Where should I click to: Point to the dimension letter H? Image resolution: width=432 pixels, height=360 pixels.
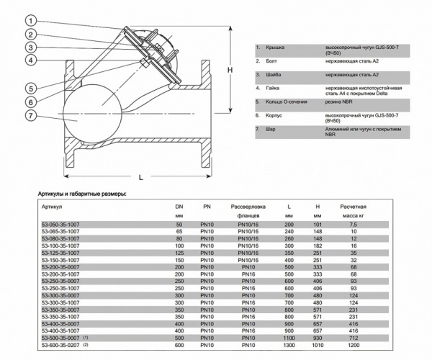click(x=230, y=71)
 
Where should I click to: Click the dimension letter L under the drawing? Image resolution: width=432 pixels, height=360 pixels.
click(x=140, y=176)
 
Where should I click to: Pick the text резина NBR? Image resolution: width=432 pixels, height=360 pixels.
click(x=338, y=103)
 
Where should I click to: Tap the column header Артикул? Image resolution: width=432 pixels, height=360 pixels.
click(x=52, y=206)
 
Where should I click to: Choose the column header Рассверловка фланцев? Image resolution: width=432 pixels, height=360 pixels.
click(x=248, y=210)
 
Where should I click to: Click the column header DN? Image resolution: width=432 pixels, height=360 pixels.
click(x=179, y=206)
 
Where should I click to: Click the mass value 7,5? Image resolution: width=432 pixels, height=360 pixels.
click(x=353, y=225)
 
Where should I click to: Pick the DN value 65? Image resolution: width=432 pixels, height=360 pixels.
click(x=179, y=231)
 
